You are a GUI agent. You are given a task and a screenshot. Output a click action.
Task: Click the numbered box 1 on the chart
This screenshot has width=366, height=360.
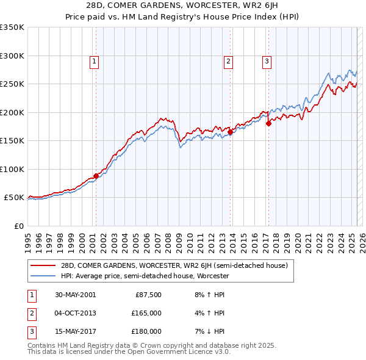[95, 61]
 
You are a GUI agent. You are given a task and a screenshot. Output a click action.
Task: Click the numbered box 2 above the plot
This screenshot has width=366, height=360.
[228, 61]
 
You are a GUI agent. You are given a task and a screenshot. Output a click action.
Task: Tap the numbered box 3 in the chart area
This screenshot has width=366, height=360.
[267, 61]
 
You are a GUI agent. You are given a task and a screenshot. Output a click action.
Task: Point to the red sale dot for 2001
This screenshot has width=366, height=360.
[96, 176]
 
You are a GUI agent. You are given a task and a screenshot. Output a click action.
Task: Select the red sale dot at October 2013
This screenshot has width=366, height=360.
[230, 132]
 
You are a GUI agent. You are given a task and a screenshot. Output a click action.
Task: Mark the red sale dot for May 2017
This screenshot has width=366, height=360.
[268, 123]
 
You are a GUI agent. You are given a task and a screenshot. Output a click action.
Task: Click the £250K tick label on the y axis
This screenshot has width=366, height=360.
[12, 84]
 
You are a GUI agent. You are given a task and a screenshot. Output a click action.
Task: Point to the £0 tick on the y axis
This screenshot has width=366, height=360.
[18, 226]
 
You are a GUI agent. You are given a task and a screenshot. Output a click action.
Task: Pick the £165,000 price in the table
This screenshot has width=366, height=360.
[146, 313]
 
